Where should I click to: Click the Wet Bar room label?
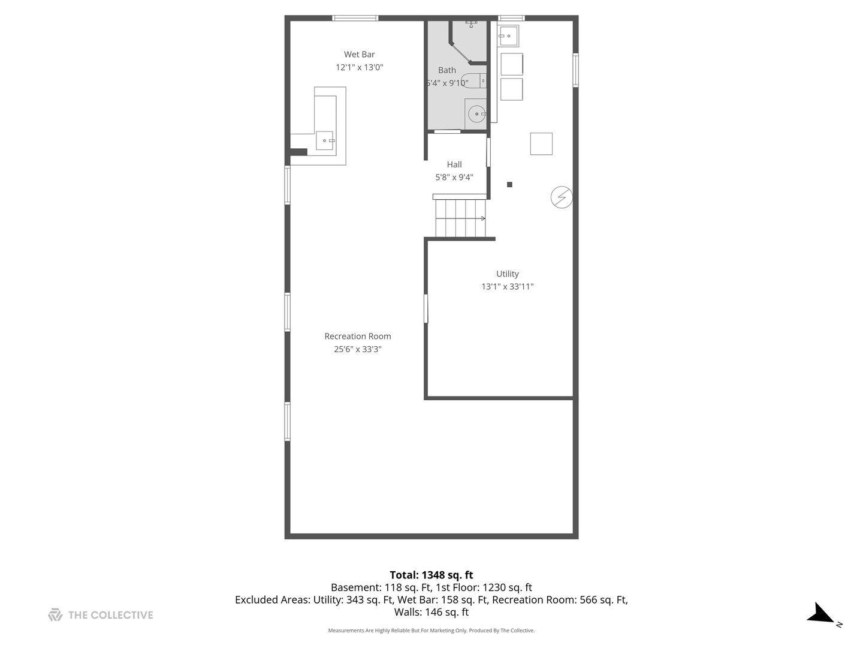pyautogui.click(x=359, y=54)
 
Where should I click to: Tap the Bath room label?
pyautogui.click(x=447, y=70)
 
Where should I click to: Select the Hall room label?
pyautogui.click(x=454, y=164)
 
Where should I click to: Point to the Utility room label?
pyautogui.click(x=507, y=274)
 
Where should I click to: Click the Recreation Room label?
pyautogui.click(x=357, y=337)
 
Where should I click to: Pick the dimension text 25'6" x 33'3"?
pyautogui.click(x=358, y=349)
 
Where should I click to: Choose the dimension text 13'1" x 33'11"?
pyautogui.click(x=507, y=286)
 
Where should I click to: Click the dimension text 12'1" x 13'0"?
pyautogui.click(x=359, y=67)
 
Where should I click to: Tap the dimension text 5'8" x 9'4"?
pyautogui.click(x=454, y=177)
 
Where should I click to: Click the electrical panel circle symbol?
pyautogui.click(x=562, y=197)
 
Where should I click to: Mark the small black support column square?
pyautogui.click(x=509, y=185)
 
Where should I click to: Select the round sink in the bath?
pyautogui.click(x=476, y=114)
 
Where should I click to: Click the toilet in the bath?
pyautogui.click(x=474, y=80)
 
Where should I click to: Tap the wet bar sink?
pyautogui.click(x=325, y=140)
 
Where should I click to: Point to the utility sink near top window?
pyautogui.click(x=508, y=36)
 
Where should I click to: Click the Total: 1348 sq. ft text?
pyautogui.click(x=431, y=575)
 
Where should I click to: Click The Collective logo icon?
pyautogui.click(x=56, y=615)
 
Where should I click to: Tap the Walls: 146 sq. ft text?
pyautogui.click(x=431, y=612)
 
